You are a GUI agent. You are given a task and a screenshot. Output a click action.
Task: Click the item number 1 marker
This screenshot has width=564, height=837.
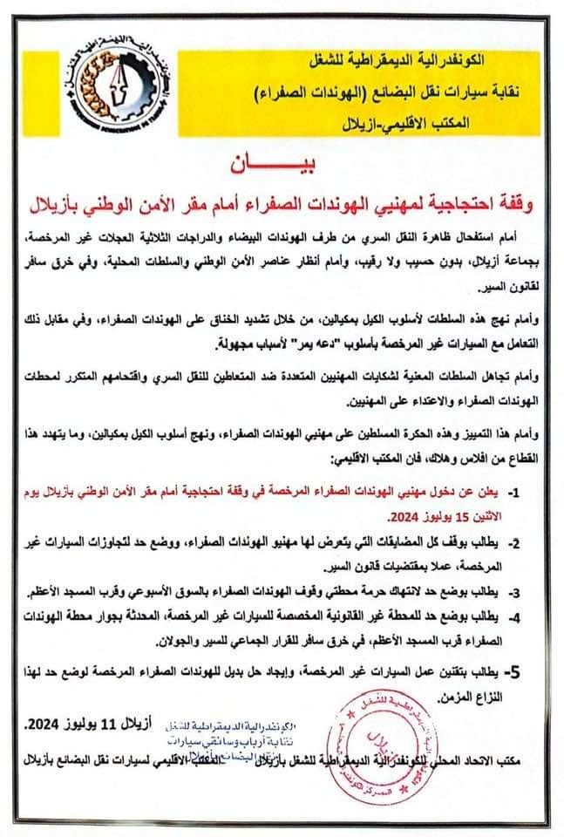click(516, 493)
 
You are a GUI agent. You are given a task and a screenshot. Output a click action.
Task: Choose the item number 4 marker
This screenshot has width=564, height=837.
click(516, 616)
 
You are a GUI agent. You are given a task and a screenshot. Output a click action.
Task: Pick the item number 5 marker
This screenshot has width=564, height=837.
click(516, 672)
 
